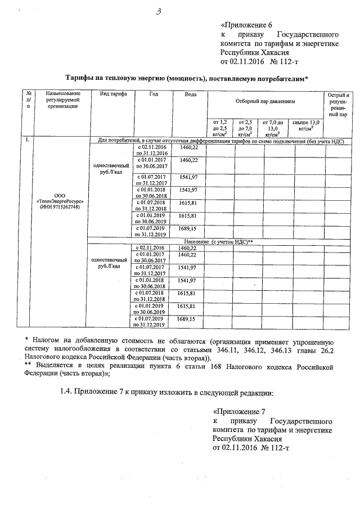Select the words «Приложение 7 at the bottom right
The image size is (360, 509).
click(239, 412)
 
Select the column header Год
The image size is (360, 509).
click(154, 93)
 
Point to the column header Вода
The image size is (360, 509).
click(190, 93)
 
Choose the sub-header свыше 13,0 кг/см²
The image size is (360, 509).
click(306, 125)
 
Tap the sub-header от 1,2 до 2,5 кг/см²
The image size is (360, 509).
click(219, 128)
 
